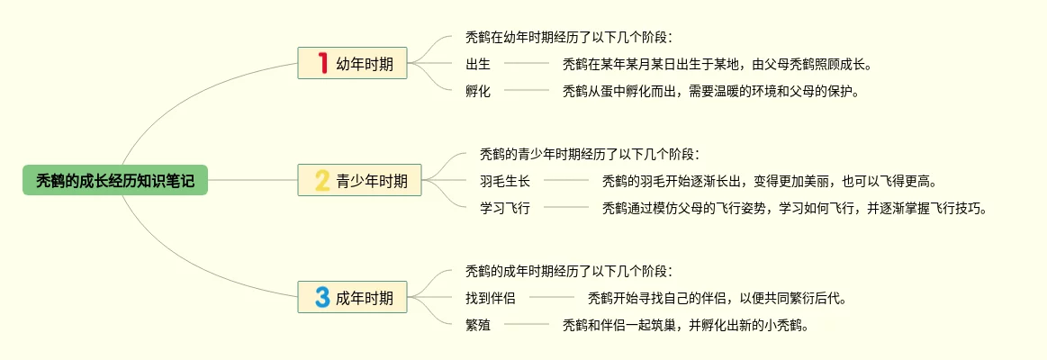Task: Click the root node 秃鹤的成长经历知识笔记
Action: click(x=114, y=181)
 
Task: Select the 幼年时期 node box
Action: click(x=352, y=63)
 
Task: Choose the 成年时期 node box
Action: click(x=352, y=297)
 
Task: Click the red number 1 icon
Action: click(x=321, y=63)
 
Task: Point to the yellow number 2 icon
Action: click(x=321, y=181)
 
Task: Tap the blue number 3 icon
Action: click(x=321, y=297)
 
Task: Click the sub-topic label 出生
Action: click(x=478, y=64)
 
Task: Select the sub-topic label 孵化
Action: click(x=478, y=91)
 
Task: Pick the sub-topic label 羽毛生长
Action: click(x=505, y=181)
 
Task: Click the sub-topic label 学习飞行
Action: click(x=505, y=208)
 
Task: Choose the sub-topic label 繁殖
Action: click(x=478, y=325)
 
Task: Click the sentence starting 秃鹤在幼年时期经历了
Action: click(x=568, y=37)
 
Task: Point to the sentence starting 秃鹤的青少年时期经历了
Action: click(x=590, y=154)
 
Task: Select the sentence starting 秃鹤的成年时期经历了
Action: click(x=568, y=271)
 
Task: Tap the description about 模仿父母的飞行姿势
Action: click(x=795, y=208)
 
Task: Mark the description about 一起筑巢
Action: click(x=685, y=325)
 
